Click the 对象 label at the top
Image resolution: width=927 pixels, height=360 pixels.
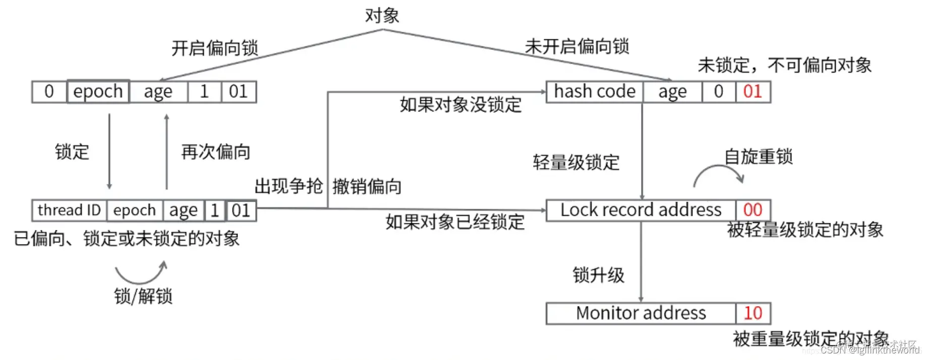click(x=382, y=16)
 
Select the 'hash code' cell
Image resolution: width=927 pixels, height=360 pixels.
click(x=594, y=92)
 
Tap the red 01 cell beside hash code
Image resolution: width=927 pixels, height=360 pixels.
click(x=752, y=92)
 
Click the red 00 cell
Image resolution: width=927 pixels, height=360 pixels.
click(x=752, y=210)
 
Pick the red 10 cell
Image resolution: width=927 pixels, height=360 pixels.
click(x=752, y=313)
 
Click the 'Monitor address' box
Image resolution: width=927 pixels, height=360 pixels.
click(x=641, y=313)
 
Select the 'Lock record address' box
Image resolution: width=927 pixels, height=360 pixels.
click(x=641, y=210)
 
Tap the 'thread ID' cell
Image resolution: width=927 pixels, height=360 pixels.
click(x=69, y=210)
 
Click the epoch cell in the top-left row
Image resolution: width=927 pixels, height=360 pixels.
click(x=98, y=92)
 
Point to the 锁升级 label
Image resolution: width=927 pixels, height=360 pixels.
click(x=598, y=275)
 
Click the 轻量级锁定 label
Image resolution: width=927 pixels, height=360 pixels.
click(x=576, y=162)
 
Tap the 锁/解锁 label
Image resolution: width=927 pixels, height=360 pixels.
click(x=143, y=296)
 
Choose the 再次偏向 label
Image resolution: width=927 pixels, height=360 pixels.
click(x=215, y=152)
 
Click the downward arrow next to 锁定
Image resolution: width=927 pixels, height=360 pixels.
click(x=109, y=151)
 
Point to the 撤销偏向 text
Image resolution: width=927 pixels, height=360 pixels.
click(x=367, y=187)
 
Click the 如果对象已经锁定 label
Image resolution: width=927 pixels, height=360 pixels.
click(x=455, y=222)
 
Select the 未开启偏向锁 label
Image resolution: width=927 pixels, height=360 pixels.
click(x=576, y=46)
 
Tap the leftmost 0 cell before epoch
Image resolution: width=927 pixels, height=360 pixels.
click(x=49, y=92)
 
